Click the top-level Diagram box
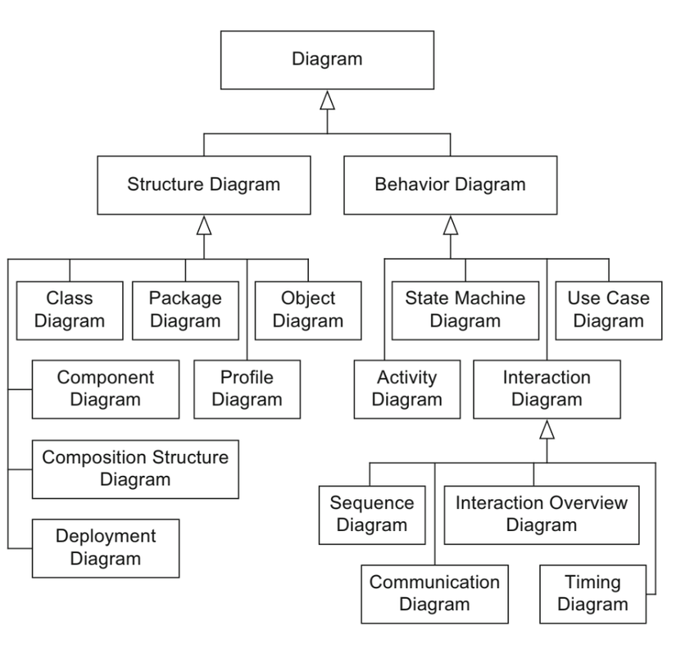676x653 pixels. click(x=327, y=59)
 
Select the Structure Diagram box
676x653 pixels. click(x=203, y=184)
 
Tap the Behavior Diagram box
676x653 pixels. click(x=449, y=184)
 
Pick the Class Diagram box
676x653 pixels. click(x=70, y=309)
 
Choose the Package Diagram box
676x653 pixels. click(x=185, y=309)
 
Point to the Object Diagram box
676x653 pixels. click(x=308, y=309)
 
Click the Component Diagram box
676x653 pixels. click(x=105, y=388)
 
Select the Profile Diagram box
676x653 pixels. click(x=247, y=388)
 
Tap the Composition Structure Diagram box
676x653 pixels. click(x=135, y=468)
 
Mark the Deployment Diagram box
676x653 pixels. click(x=105, y=547)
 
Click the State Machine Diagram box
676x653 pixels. click(x=465, y=309)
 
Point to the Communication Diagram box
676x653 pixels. click(x=433, y=592)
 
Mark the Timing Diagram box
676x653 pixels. click(x=592, y=592)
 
